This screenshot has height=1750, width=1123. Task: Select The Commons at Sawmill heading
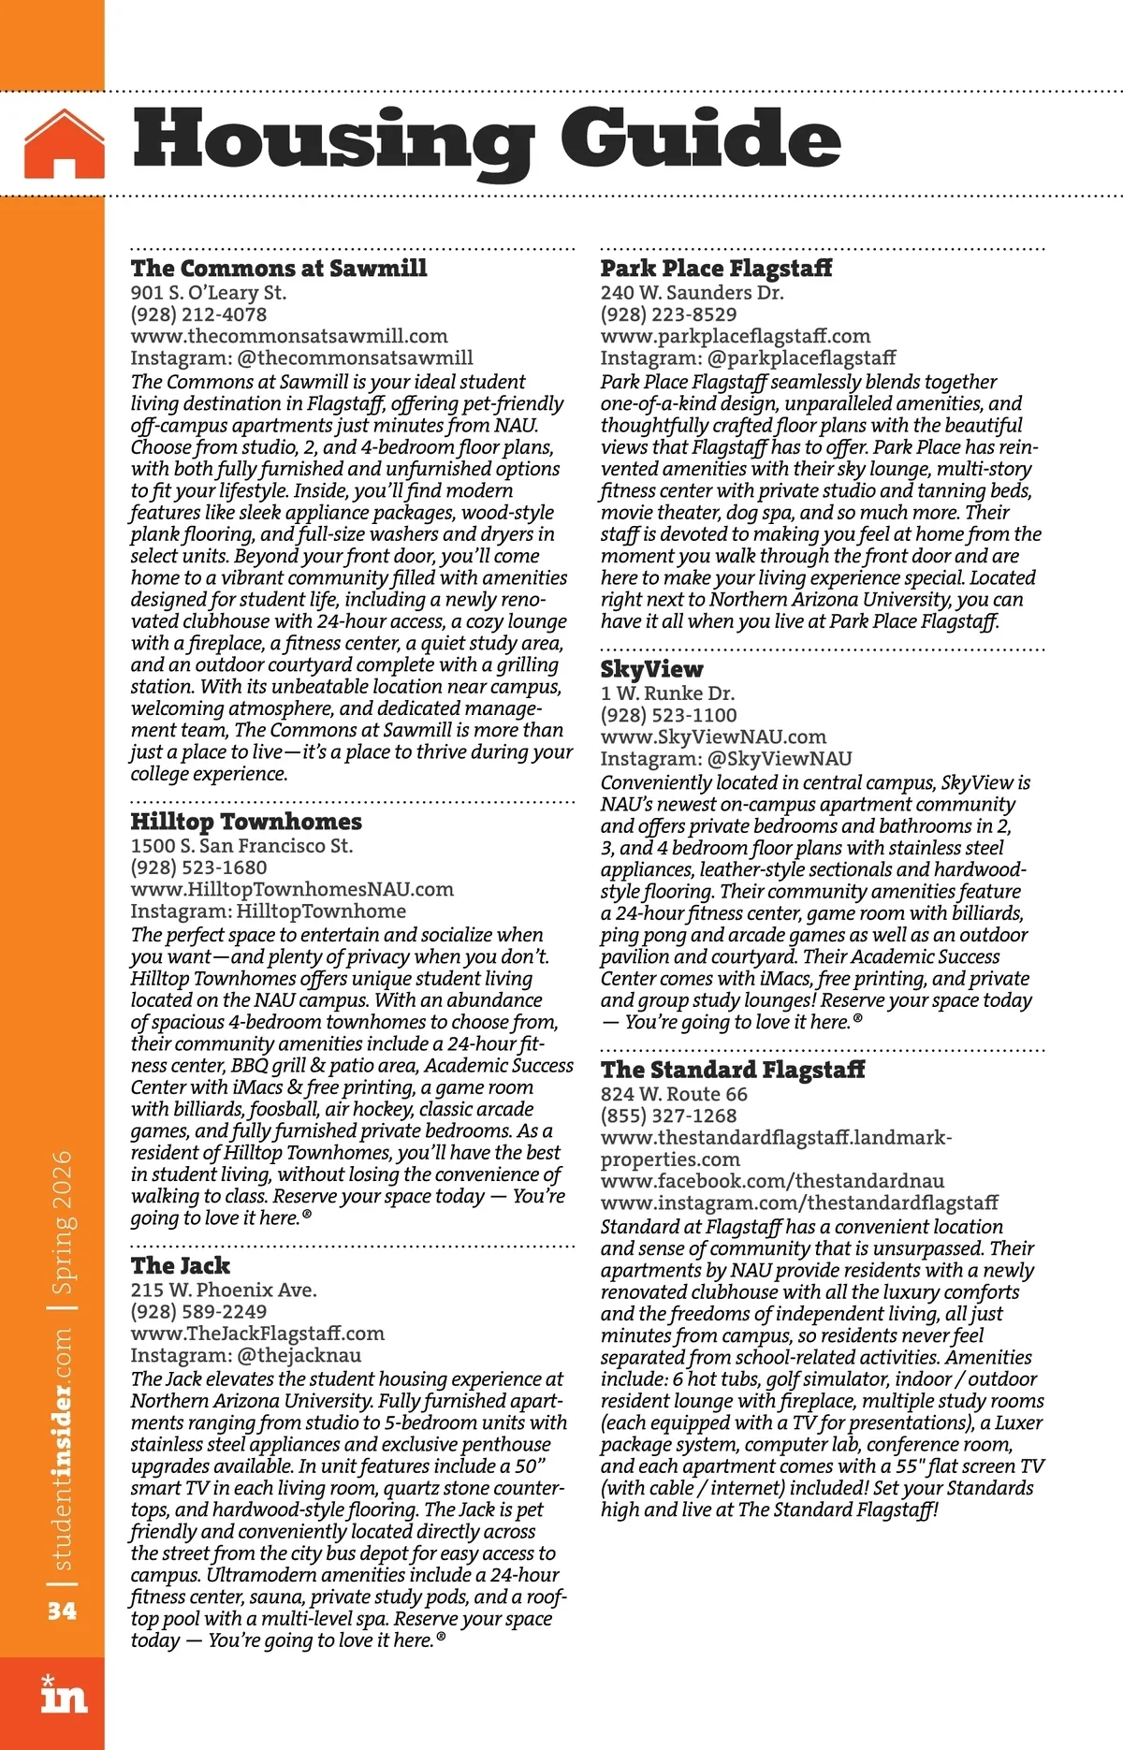[279, 269]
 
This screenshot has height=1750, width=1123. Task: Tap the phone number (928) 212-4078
[198, 314]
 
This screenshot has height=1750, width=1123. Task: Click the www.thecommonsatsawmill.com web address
[289, 336]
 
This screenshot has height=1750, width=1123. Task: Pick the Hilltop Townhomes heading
[246, 822]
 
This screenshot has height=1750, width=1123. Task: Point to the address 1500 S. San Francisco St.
[241, 846]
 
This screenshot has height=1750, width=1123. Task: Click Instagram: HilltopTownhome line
[269, 911]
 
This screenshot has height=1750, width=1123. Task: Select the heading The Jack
[181, 1266]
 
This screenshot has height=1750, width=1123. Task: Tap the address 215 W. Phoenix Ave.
[224, 1290]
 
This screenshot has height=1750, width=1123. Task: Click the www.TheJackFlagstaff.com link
[257, 1334]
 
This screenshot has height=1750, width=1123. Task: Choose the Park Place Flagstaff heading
[716, 269]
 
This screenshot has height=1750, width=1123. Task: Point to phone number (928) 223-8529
[668, 314]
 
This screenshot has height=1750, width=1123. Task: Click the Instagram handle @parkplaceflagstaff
[801, 357]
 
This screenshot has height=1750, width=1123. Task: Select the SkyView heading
[651, 669]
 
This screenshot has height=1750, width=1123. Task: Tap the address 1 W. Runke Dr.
[667, 693]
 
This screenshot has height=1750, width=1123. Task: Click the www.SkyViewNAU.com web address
[713, 737]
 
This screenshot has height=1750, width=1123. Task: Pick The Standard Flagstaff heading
[733, 1070]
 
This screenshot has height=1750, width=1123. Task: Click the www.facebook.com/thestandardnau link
[772, 1181]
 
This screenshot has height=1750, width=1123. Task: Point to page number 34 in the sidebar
[63, 1611]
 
